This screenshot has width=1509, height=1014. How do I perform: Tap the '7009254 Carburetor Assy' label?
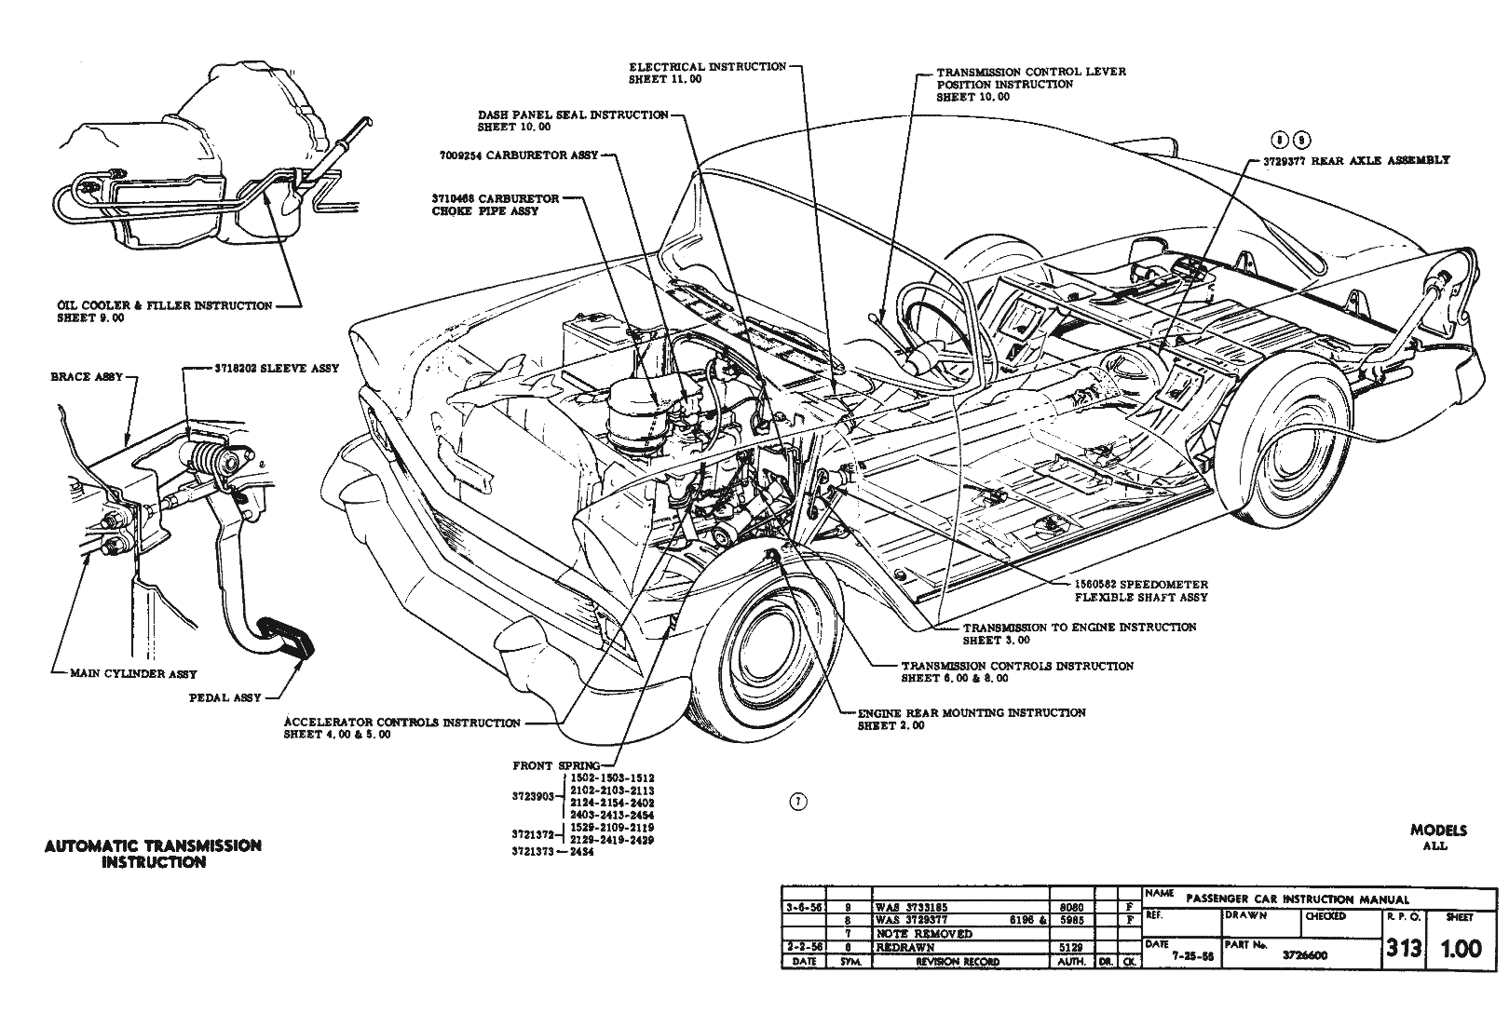tap(518, 155)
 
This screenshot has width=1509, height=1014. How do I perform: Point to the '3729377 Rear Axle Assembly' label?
tap(1356, 160)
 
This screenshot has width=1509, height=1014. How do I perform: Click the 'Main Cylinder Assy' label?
tap(133, 674)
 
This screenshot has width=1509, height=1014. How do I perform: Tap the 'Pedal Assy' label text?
tap(224, 697)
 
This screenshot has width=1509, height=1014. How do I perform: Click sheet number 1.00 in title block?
tap(1461, 949)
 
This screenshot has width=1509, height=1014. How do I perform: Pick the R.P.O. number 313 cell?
tap(1403, 949)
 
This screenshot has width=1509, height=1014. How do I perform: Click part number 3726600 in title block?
tap(1303, 954)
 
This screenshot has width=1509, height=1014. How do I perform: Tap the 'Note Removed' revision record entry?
tap(923, 933)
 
